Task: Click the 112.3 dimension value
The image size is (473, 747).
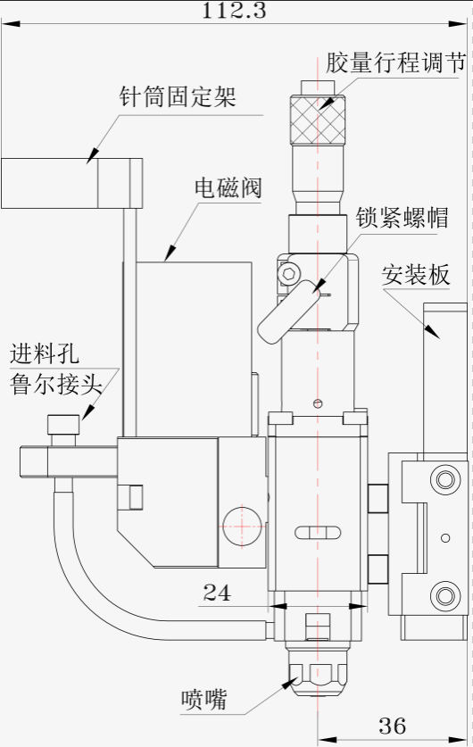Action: [234, 11]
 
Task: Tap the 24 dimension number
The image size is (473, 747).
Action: [217, 593]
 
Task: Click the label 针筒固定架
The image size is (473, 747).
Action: [178, 97]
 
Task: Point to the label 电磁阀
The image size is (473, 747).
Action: [228, 187]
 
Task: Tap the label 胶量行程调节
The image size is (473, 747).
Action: [395, 62]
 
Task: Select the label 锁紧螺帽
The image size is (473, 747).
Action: [402, 218]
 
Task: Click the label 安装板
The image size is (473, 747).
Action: [415, 275]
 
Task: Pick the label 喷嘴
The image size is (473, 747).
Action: [203, 700]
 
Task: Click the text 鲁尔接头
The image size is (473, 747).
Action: [56, 384]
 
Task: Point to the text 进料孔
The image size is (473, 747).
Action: [45, 354]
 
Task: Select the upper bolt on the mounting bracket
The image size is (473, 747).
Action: [445, 478]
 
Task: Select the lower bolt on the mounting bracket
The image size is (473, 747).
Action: [445, 595]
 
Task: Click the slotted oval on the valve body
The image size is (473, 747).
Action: [318, 533]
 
